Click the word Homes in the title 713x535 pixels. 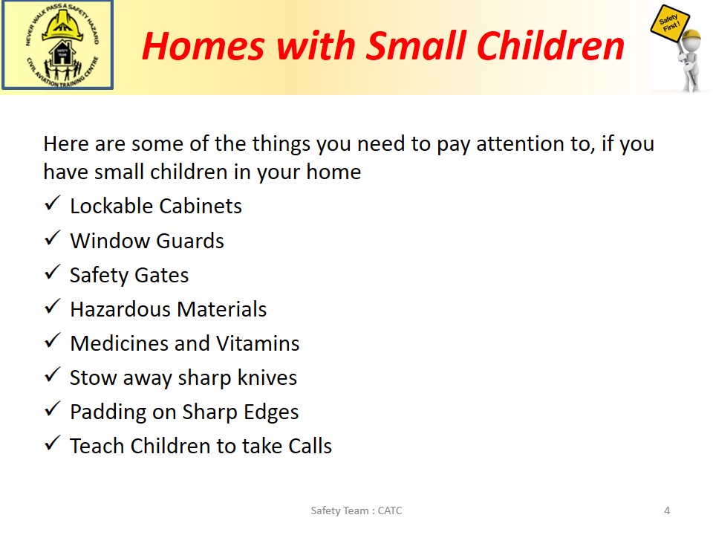click(x=203, y=46)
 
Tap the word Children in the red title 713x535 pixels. click(x=550, y=45)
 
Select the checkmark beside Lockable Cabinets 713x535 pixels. click(x=53, y=203)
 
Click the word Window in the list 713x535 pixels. click(x=111, y=241)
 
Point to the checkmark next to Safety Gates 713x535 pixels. click(x=53, y=272)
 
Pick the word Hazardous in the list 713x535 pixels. click(x=120, y=309)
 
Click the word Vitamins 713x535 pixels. click(x=258, y=343)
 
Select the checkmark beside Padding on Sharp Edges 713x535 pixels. click(x=53, y=409)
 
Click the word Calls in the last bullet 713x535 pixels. click(x=310, y=446)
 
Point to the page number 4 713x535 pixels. click(x=667, y=510)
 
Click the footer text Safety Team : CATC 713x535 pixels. click(x=356, y=510)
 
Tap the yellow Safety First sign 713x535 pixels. click(x=670, y=24)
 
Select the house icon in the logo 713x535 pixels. click(x=62, y=53)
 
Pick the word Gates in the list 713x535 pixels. click(x=161, y=275)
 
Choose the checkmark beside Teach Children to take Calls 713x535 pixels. click(x=53, y=443)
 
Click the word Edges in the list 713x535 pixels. click(x=271, y=412)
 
